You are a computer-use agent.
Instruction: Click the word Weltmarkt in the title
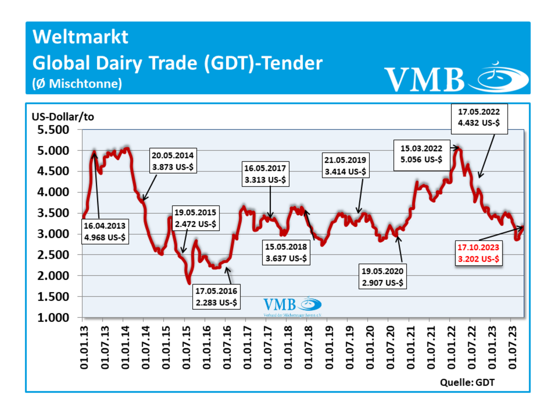(80, 37)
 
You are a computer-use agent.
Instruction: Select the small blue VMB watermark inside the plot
(292, 305)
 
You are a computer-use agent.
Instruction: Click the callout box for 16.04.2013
(105, 231)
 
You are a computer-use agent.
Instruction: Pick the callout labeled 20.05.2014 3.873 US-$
(173, 161)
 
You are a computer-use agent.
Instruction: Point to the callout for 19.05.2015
(195, 218)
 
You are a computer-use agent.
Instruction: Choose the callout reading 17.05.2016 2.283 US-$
(216, 296)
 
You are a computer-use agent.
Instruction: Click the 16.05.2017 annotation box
(265, 174)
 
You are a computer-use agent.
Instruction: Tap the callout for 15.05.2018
(286, 252)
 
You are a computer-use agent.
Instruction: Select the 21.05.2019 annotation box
(345, 166)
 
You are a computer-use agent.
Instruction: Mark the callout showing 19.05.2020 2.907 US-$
(382, 277)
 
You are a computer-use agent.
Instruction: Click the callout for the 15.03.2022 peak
(421, 154)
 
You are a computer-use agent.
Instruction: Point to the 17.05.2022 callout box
(479, 118)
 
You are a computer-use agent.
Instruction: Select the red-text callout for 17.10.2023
(478, 253)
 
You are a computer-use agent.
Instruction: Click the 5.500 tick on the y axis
(53, 130)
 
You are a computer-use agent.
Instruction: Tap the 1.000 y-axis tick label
(53, 318)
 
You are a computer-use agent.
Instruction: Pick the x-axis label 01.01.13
(84, 347)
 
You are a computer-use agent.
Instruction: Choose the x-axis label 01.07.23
(513, 347)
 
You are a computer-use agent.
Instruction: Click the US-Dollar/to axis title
(63, 117)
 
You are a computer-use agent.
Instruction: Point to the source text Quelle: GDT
(467, 383)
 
